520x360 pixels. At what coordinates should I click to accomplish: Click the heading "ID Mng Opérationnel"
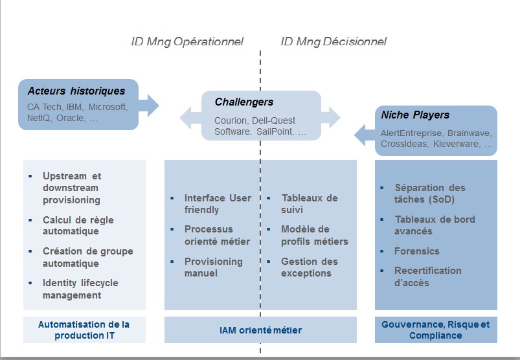click(187, 42)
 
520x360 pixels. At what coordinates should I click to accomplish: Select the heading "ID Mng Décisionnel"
click(333, 42)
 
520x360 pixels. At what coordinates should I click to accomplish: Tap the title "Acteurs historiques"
click(76, 91)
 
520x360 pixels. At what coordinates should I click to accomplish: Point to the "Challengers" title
click(244, 102)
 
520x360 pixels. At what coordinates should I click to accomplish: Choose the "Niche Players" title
click(415, 115)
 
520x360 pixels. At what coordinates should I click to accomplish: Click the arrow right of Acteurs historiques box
click(149, 106)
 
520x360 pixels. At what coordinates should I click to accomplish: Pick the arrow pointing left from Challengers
click(190, 118)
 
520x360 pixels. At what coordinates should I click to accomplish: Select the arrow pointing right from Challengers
click(331, 118)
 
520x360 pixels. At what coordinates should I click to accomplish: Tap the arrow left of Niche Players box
click(365, 135)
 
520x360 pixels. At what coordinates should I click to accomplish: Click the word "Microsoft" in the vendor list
click(107, 107)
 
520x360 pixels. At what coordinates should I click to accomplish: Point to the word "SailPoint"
click(275, 131)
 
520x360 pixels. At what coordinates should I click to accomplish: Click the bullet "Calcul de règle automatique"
click(78, 225)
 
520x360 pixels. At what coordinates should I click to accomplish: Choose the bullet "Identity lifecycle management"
click(80, 289)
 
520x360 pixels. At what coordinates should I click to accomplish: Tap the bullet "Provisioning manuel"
click(214, 267)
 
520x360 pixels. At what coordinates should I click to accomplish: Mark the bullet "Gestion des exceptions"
click(310, 267)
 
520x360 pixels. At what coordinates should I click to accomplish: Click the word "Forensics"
click(417, 251)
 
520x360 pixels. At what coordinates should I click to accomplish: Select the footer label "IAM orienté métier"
click(261, 330)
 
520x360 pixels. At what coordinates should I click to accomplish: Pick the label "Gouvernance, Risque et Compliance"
click(435, 330)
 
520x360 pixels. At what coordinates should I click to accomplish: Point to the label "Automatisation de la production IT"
click(84, 330)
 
